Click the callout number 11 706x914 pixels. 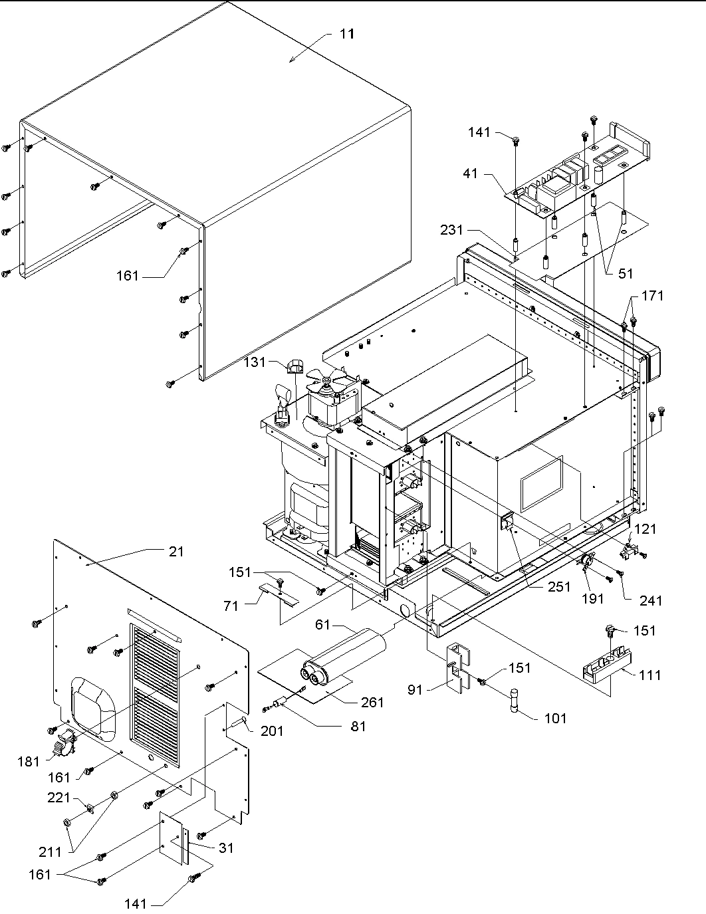pos(347,34)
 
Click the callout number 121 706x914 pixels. pos(646,528)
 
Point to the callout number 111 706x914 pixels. pos(649,675)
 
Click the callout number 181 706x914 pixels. pos(29,762)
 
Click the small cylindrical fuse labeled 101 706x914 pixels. pos(514,701)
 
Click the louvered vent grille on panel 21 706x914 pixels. pos(154,691)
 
